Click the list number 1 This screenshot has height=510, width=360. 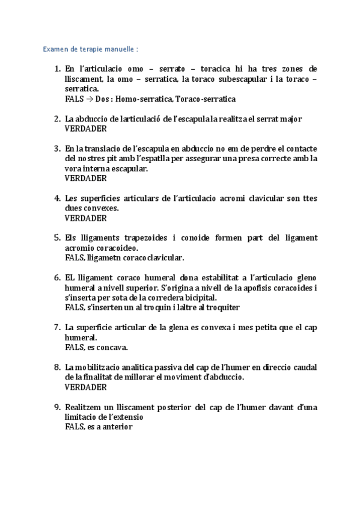coord(57,69)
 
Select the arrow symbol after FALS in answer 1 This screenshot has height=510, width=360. coord(87,99)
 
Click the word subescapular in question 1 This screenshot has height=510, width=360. coord(238,79)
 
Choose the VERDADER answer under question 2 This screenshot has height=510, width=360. coord(85,129)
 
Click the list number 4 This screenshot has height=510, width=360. coord(57,198)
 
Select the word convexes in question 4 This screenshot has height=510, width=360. coord(100,208)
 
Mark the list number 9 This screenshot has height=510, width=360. coord(57,407)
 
